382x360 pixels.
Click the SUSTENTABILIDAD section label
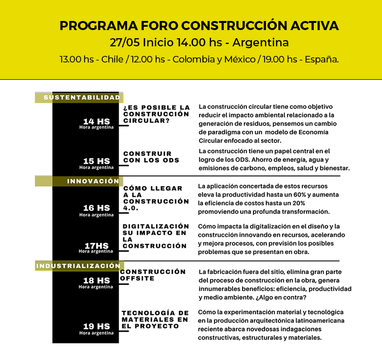click(x=82, y=97)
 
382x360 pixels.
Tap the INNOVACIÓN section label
click(x=93, y=181)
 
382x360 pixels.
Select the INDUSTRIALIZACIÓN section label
click(x=78, y=265)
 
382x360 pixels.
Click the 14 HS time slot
click(x=96, y=122)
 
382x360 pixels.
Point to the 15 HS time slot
click(x=96, y=161)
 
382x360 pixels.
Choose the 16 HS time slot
click(x=96, y=209)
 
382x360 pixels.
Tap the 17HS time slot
click(x=96, y=246)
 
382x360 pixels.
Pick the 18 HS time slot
click(x=96, y=281)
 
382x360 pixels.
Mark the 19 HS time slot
click(x=96, y=327)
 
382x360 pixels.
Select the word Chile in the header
click(x=112, y=60)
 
